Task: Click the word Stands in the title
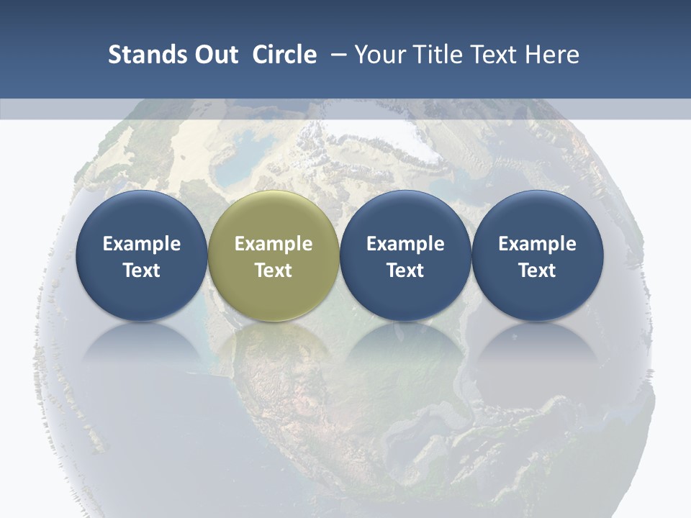click(147, 55)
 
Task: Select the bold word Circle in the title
click(284, 55)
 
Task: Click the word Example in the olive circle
click(274, 244)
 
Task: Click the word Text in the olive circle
click(274, 271)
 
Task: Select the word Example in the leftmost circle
click(141, 244)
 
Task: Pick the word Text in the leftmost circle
click(141, 271)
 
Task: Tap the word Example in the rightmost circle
click(538, 244)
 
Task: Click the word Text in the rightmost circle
click(538, 271)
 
